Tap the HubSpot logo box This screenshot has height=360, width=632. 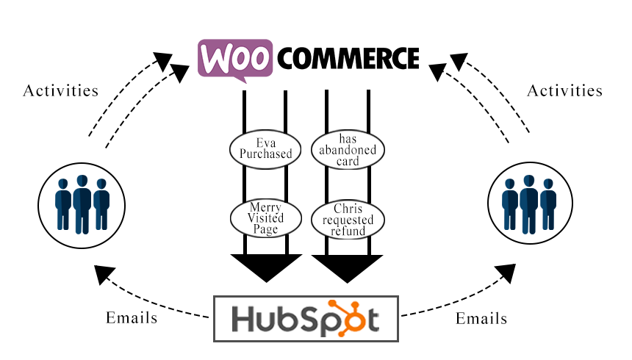[x=306, y=319]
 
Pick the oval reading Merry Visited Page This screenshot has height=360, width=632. [x=265, y=217]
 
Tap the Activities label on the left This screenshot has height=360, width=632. [x=61, y=91]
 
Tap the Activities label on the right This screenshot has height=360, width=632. [x=565, y=91]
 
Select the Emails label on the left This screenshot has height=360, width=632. [x=131, y=318]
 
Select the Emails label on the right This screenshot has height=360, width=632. [x=481, y=318]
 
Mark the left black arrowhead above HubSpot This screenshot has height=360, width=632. [x=266, y=267]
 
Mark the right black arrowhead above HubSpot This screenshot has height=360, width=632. [x=347, y=267]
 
